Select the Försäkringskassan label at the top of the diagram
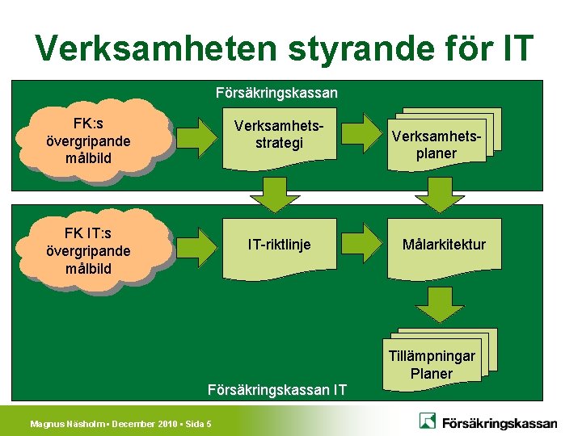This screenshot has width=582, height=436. point(277,93)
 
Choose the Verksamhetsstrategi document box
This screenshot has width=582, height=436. point(279,136)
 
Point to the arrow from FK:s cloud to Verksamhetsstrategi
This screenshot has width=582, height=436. point(196,135)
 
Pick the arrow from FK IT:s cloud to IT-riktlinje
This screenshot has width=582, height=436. point(196,243)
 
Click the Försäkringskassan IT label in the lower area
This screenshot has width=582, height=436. point(277,390)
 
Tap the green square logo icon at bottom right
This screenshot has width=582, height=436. point(428,421)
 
